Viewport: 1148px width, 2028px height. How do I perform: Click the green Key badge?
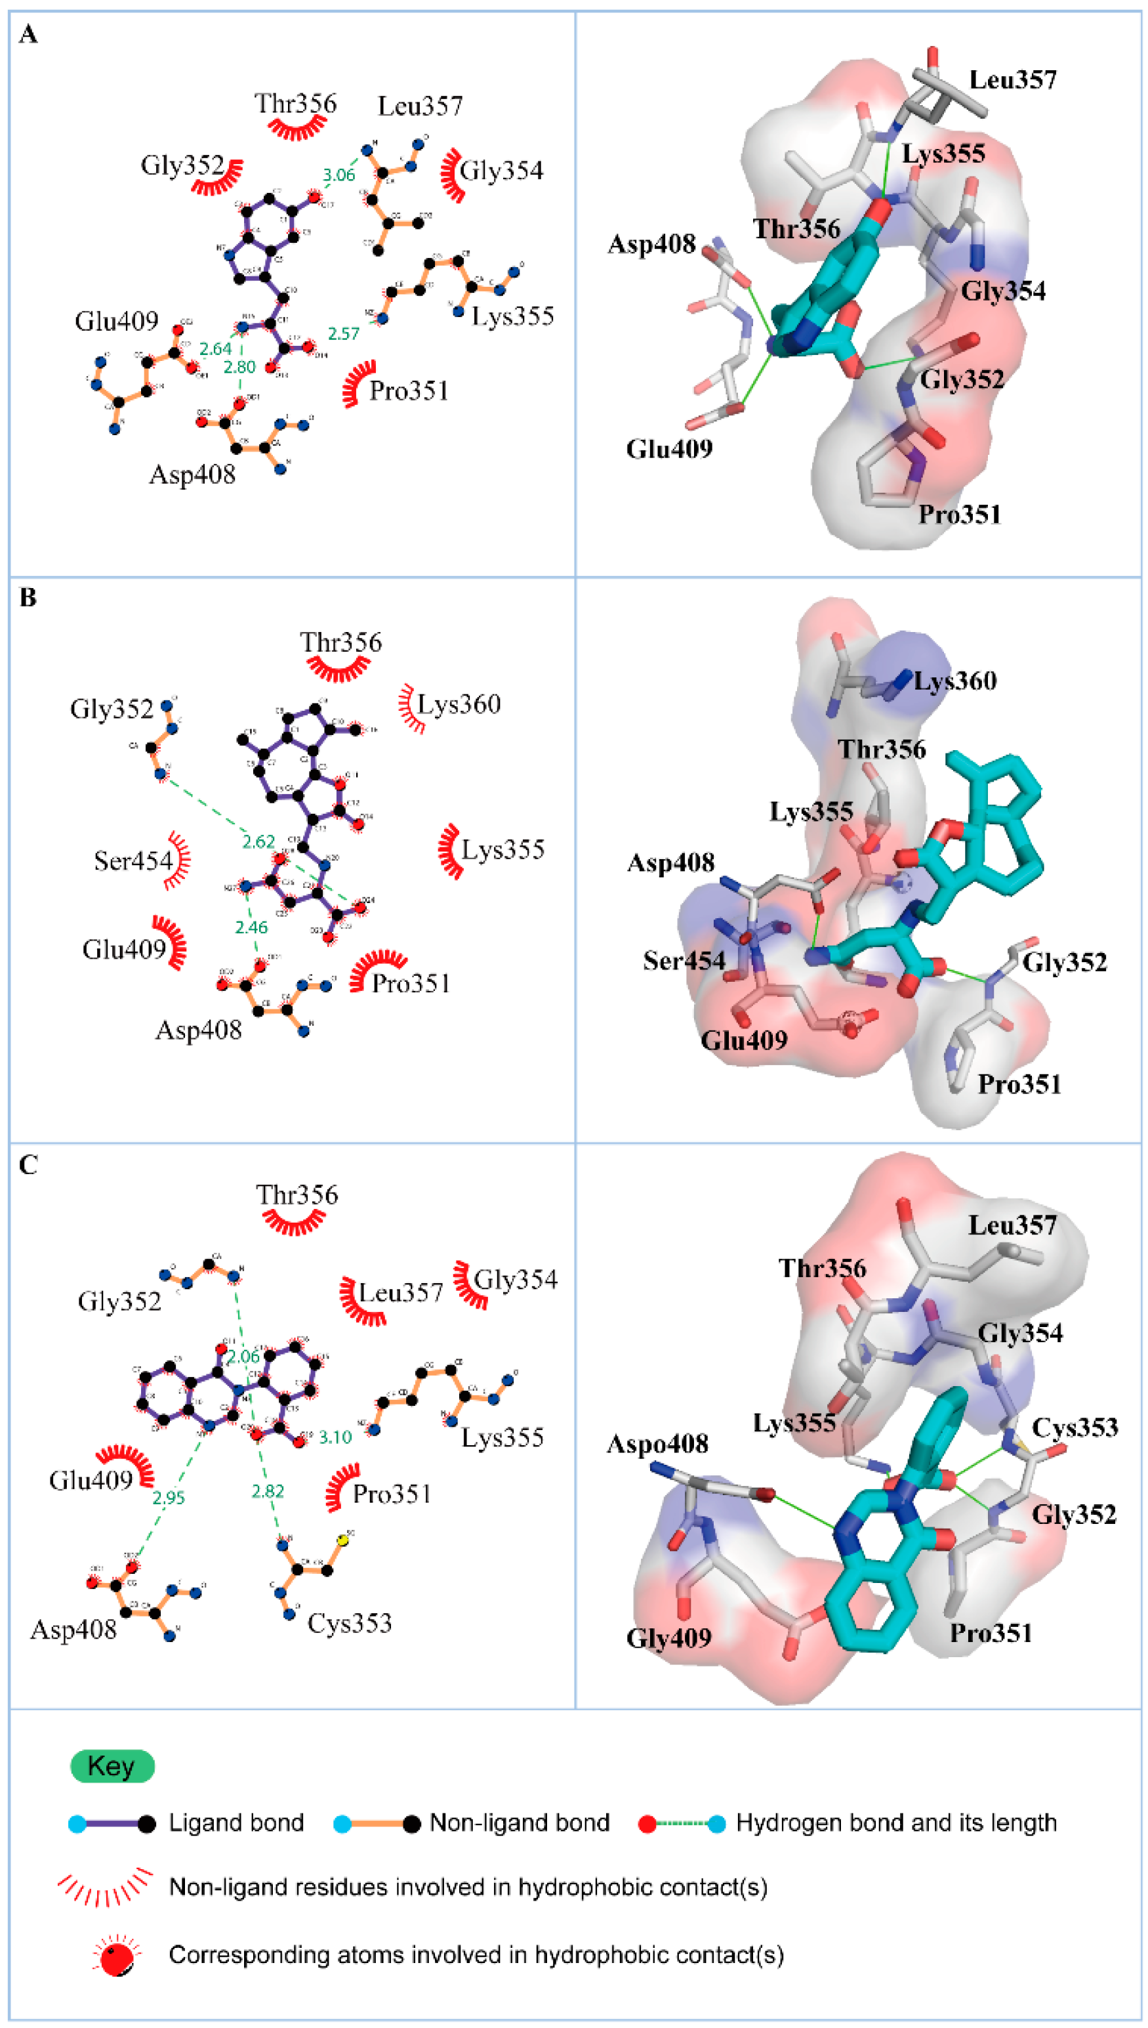[x=112, y=1766]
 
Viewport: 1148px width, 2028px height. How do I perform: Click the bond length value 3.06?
[x=339, y=175]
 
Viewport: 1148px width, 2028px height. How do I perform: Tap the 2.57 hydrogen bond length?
[x=344, y=333]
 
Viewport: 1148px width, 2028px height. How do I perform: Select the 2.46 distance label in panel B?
[x=251, y=927]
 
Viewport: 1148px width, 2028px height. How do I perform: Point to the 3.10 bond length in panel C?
[x=335, y=1437]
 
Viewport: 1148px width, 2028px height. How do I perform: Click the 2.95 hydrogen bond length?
[x=168, y=1497]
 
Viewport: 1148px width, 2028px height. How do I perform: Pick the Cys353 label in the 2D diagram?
[x=349, y=1622]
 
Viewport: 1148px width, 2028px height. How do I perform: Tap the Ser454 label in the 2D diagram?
[x=133, y=860]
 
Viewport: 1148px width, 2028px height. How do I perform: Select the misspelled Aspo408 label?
[x=657, y=1443]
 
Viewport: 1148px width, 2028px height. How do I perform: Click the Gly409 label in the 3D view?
[x=668, y=1637]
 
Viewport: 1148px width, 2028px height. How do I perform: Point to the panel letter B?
[x=28, y=598]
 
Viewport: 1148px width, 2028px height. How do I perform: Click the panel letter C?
[x=28, y=1165]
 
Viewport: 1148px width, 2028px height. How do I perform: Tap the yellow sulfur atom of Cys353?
[x=343, y=1539]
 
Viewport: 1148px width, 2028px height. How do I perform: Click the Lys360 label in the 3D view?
[x=955, y=680]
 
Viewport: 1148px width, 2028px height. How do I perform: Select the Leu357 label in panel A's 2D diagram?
[x=420, y=106]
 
